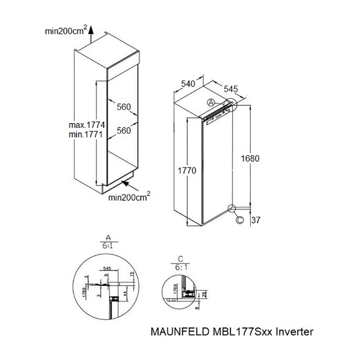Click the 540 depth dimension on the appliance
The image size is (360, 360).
187,84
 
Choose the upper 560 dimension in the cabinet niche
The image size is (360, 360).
123,107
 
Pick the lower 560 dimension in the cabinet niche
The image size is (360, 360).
123,130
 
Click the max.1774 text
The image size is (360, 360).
86,125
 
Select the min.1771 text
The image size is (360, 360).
86,135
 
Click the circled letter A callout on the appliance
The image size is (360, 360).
211,103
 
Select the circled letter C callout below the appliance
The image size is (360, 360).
240,220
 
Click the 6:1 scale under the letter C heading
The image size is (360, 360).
181,266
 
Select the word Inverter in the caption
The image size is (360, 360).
294,333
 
